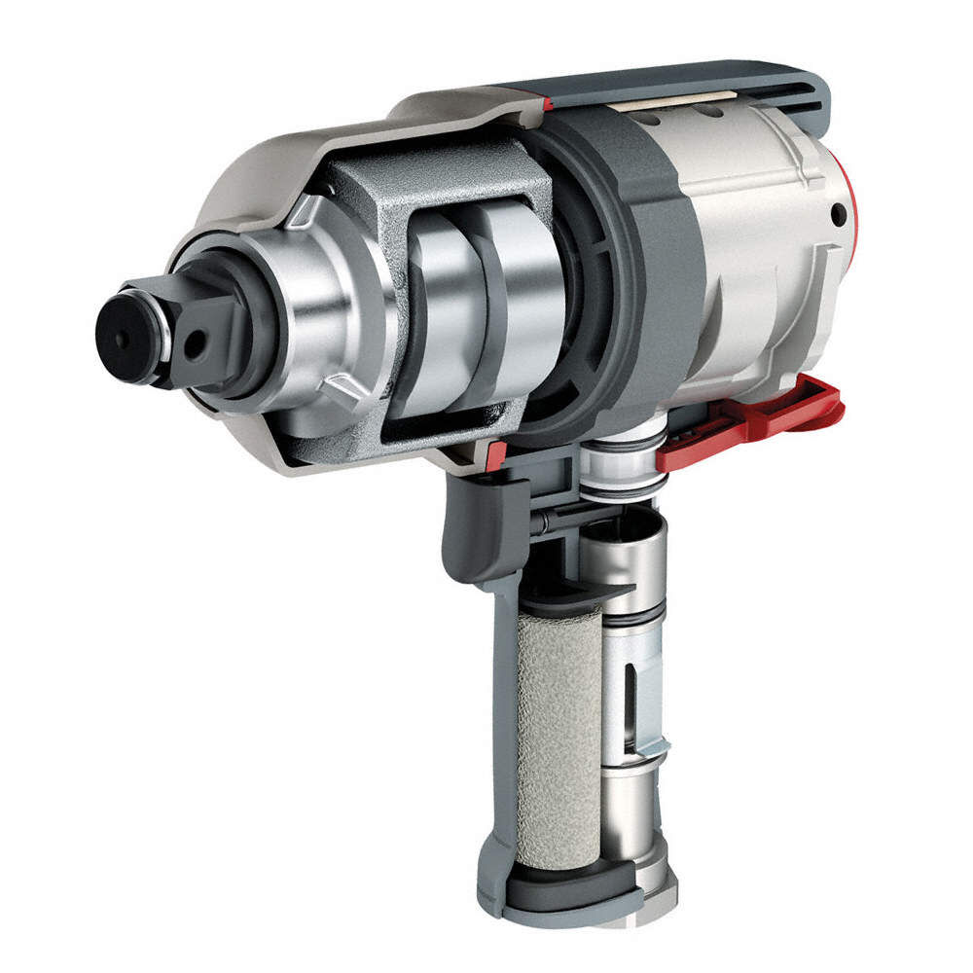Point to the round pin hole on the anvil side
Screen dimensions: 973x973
pyautogui.click(x=198, y=340)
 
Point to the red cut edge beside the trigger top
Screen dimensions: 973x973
pyautogui.click(x=496, y=453)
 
